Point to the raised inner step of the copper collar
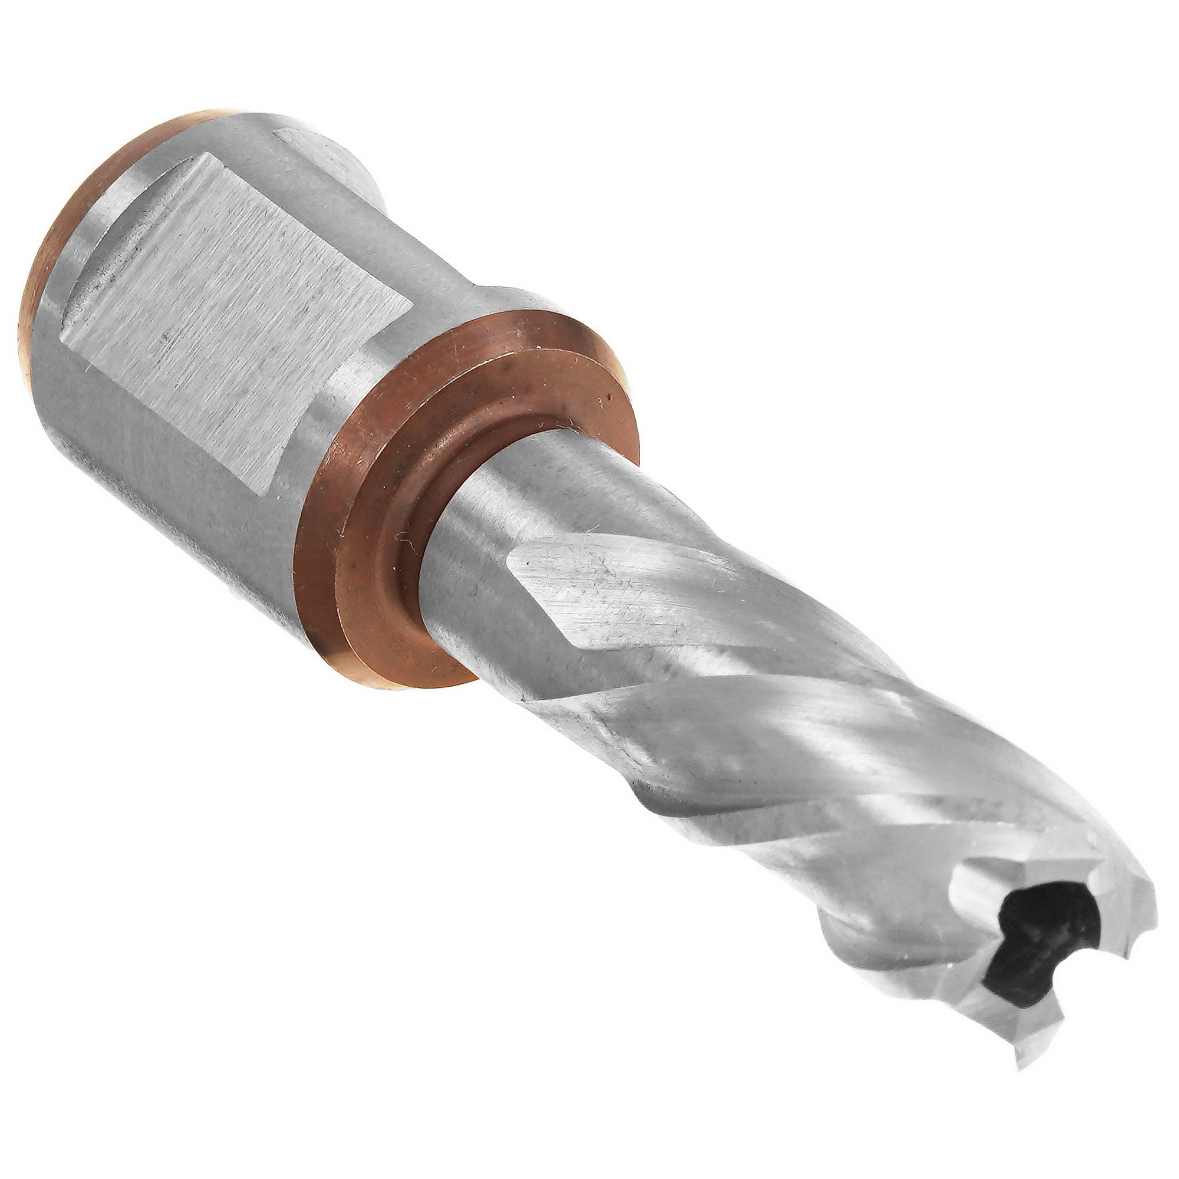[391, 519]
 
